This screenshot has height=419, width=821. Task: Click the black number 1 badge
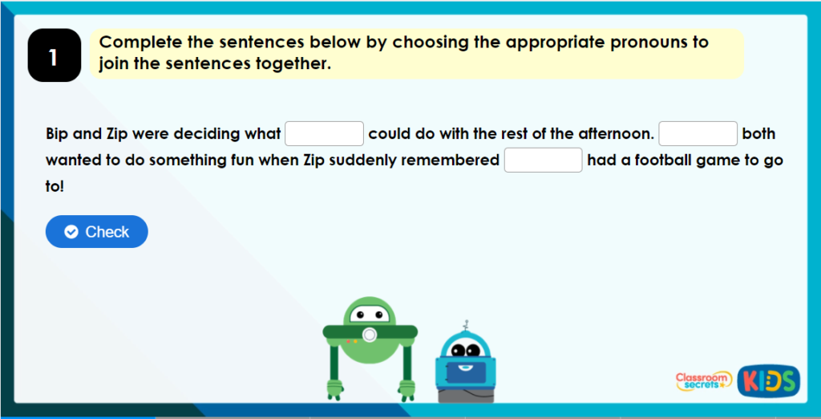tap(54, 55)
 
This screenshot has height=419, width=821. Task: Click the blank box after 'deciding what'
tap(325, 133)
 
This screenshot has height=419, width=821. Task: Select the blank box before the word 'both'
tap(698, 133)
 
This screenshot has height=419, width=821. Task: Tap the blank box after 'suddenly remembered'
tap(543, 160)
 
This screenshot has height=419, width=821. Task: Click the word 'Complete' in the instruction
tap(135, 43)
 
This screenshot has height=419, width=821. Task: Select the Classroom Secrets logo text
tap(702, 380)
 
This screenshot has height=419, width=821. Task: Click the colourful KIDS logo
tap(768, 380)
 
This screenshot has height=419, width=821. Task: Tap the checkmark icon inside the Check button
tap(71, 232)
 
